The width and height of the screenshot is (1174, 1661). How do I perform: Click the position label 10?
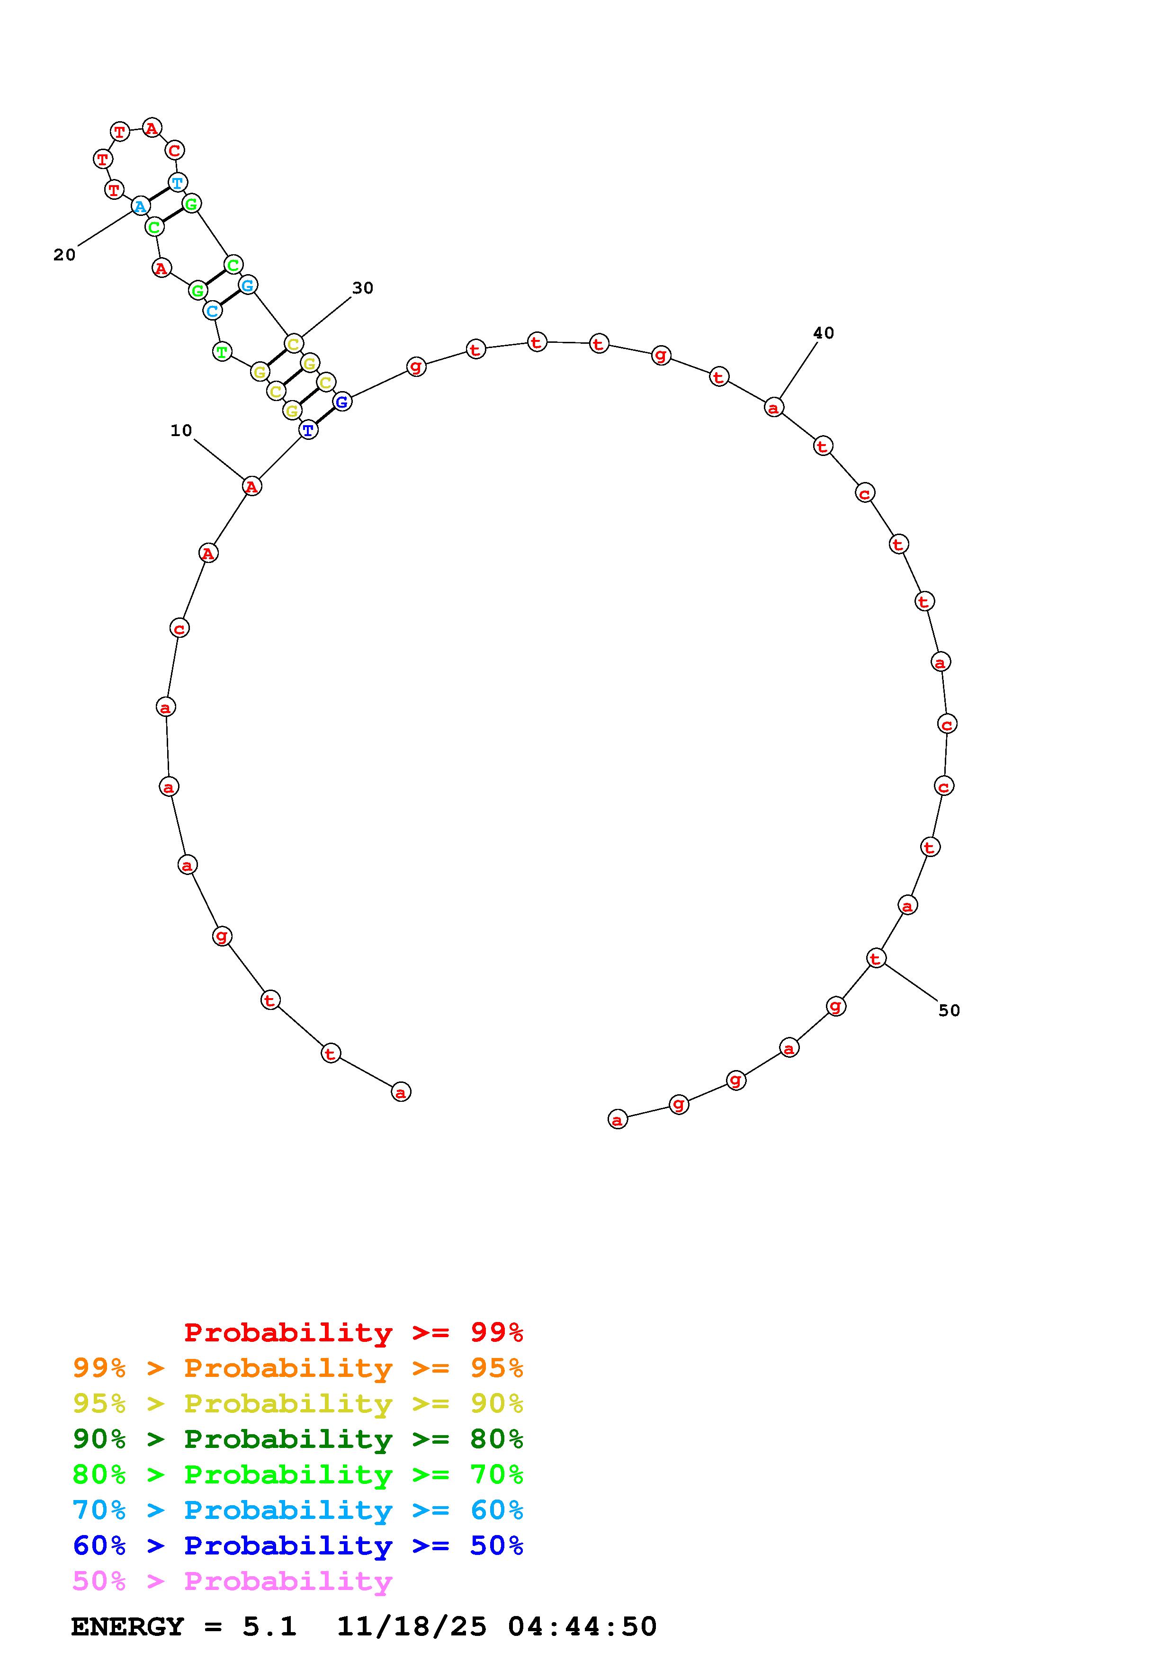point(181,430)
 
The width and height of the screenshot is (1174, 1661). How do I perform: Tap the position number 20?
point(64,255)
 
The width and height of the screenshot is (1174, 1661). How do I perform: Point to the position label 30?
point(362,288)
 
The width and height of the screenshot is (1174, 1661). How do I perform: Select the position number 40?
point(823,333)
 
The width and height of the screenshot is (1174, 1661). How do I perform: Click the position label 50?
point(949,1010)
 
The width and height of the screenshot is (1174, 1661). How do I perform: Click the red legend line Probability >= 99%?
point(354,1332)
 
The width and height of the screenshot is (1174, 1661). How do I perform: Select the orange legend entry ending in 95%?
point(298,1368)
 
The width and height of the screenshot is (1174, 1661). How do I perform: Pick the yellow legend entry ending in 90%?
point(298,1403)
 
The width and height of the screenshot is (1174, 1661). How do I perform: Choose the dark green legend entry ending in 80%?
point(298,1439)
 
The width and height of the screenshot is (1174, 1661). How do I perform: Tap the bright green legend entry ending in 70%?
point(298,1474)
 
